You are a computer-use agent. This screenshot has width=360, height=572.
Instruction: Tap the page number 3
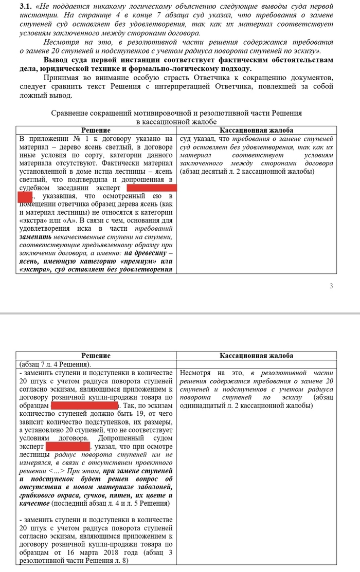pos(331,286)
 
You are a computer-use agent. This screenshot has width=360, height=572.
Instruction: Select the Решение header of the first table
pos(96,131)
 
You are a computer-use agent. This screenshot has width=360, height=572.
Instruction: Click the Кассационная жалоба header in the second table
pos(257,356)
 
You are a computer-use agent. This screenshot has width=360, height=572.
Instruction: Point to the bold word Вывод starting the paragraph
pos(57,60)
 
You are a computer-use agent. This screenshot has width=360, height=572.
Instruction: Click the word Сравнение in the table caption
pos(73,113)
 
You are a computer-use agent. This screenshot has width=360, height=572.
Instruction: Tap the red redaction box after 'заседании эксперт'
pos(152,188)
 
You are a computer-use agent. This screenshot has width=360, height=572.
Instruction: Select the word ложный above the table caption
pos(35,95)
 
